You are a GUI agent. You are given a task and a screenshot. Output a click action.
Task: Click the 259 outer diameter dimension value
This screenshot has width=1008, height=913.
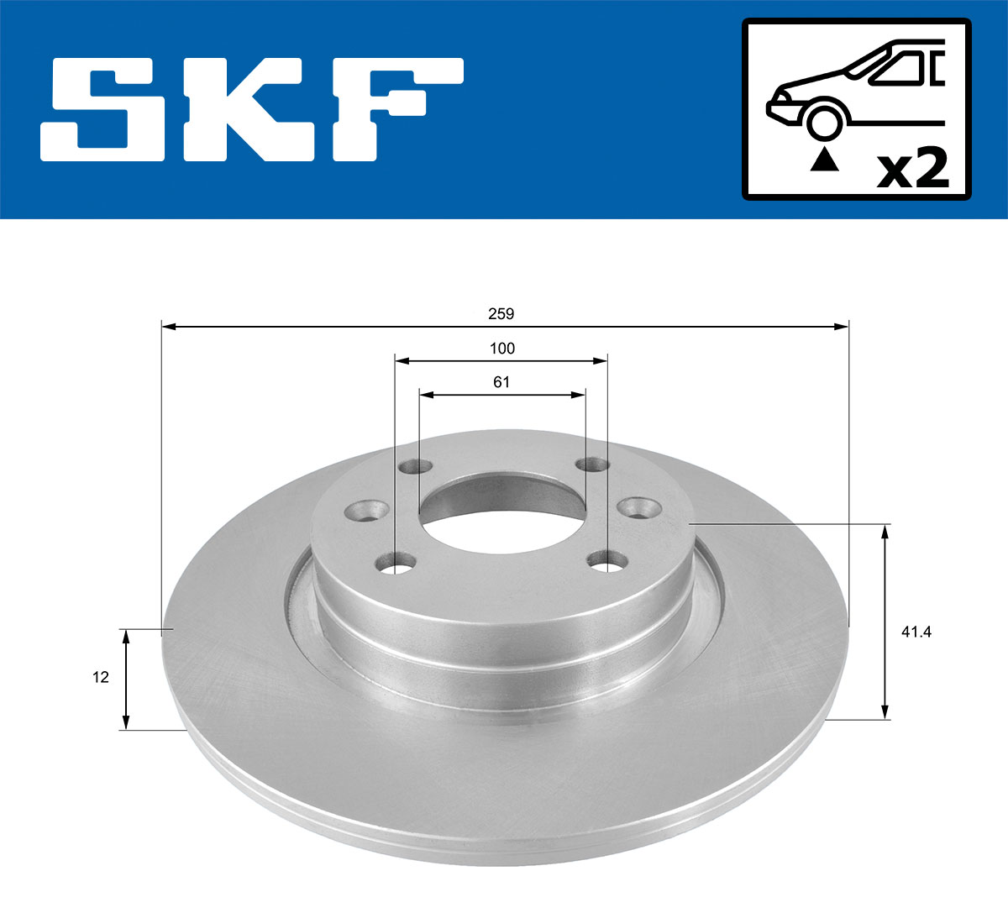501,314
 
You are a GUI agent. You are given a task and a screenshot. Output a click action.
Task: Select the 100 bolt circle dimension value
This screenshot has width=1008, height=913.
501,349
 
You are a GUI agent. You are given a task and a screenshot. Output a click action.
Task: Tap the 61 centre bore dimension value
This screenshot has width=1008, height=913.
501,382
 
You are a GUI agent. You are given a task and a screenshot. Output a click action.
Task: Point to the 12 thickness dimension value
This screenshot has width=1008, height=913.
101,677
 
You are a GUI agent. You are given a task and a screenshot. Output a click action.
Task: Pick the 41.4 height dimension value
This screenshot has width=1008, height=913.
916,632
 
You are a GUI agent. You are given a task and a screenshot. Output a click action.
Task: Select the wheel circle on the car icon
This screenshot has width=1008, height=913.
824,122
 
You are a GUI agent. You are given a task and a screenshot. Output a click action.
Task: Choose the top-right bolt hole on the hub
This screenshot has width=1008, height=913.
592,464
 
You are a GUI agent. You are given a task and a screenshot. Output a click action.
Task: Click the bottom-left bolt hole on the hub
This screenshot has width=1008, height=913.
398,562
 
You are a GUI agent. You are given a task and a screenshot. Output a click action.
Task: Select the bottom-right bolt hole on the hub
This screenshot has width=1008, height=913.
607,559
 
